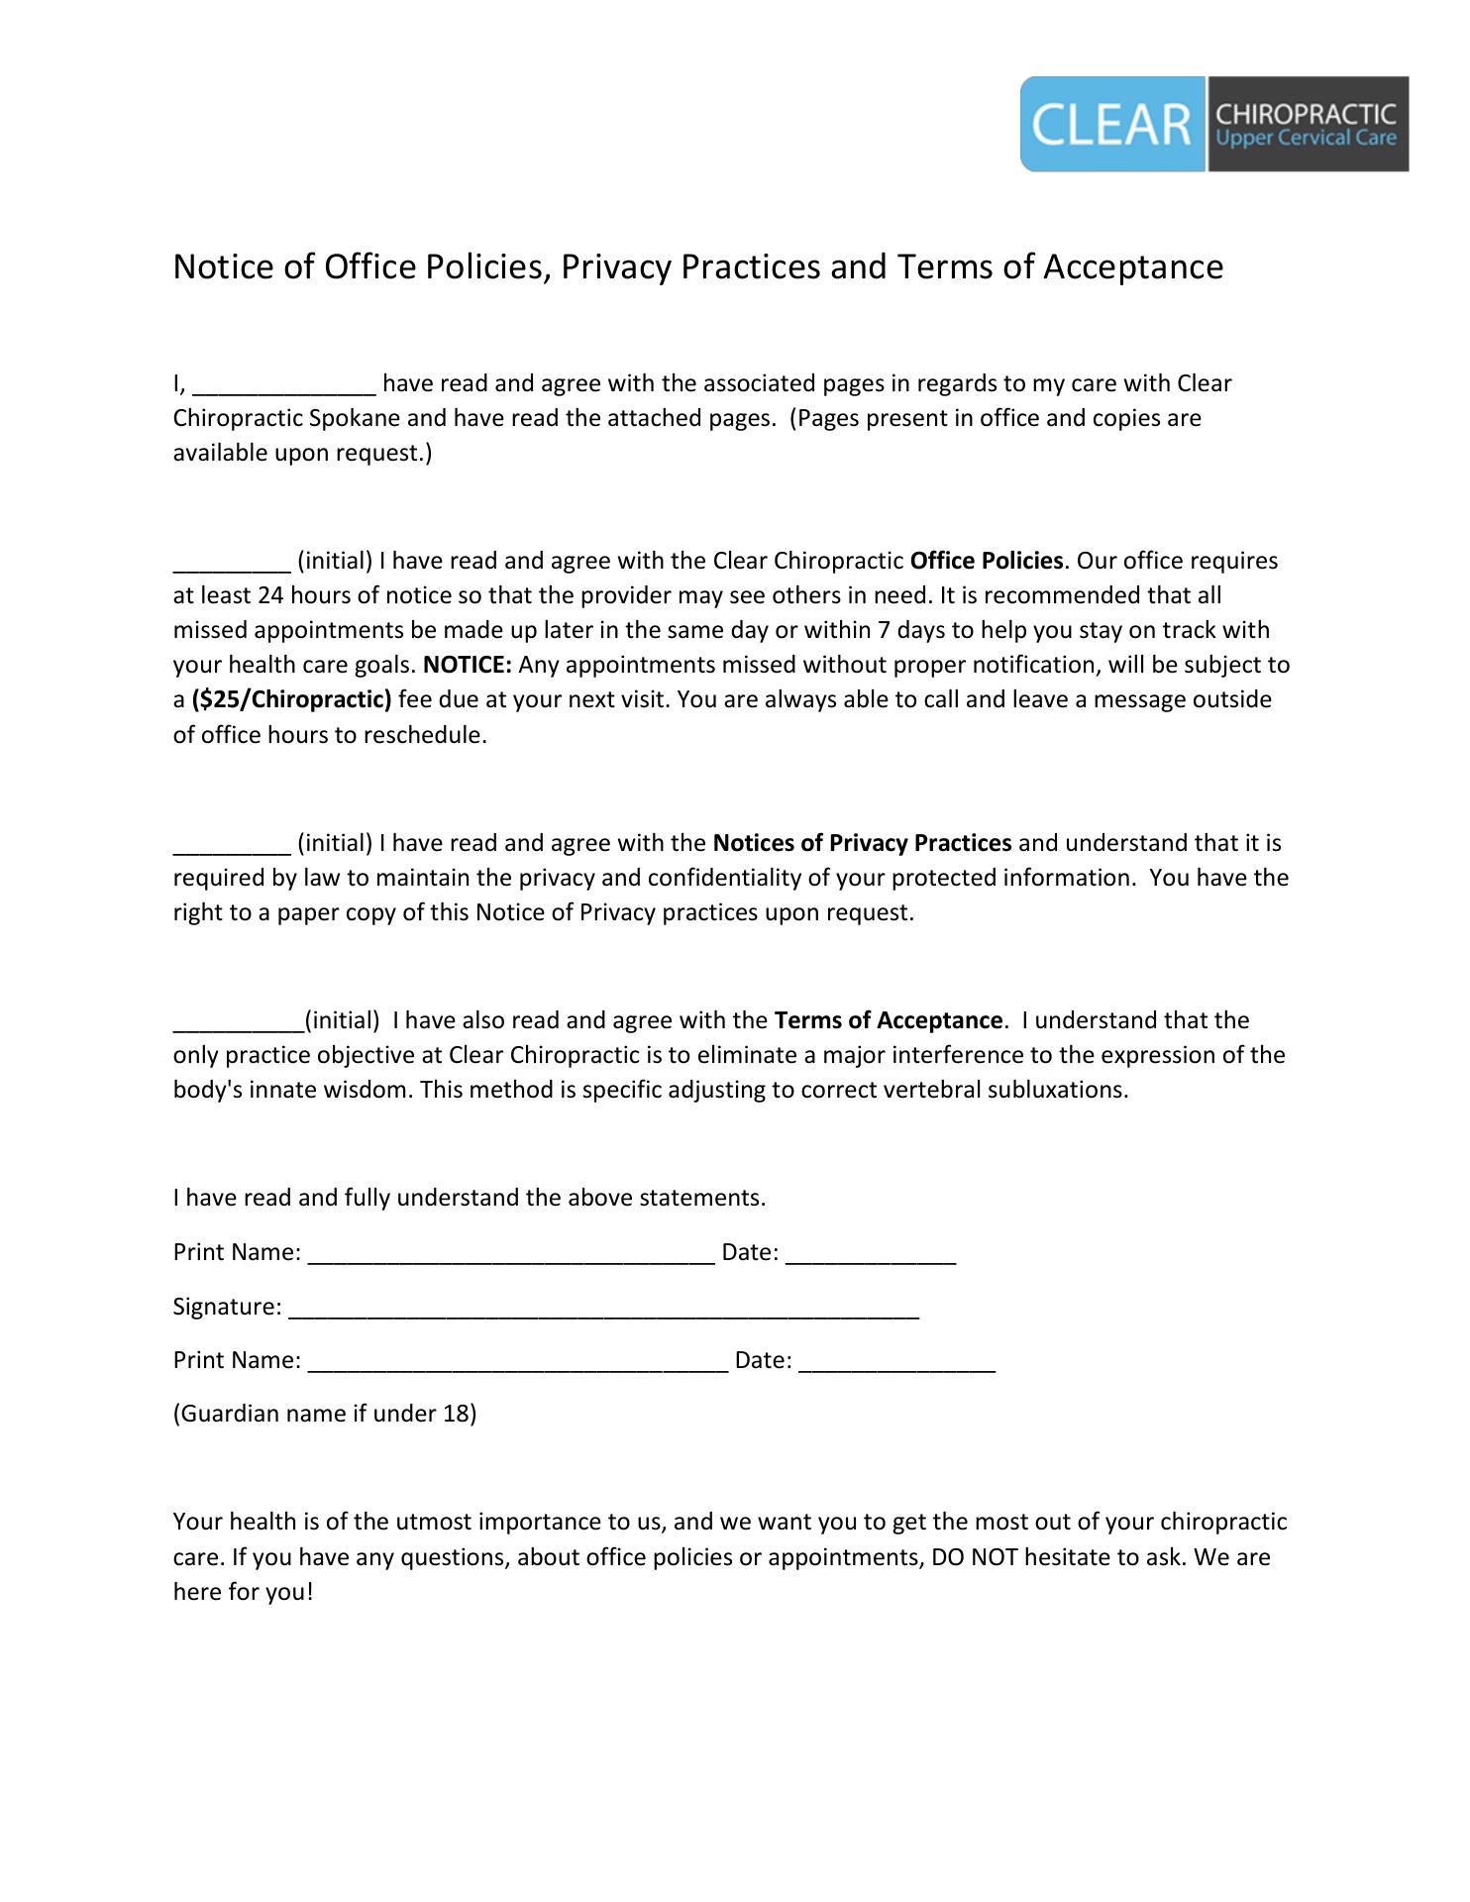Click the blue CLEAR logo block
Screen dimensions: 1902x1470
1111,125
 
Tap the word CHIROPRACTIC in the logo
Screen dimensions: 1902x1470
1305,114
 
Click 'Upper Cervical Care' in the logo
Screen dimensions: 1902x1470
1305,139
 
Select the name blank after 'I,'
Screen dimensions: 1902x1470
284,385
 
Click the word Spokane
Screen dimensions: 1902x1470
355,418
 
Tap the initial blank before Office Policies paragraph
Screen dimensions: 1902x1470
232,563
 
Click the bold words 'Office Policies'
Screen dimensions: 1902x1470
986,562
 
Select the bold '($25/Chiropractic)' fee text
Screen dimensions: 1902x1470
292,699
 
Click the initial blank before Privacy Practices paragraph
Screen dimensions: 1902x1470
232,845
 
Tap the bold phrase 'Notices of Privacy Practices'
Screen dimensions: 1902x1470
862,843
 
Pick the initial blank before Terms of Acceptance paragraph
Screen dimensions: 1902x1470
238,1022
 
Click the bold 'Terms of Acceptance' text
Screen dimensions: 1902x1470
889,1020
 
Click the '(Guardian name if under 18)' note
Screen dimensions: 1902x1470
325,1414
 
